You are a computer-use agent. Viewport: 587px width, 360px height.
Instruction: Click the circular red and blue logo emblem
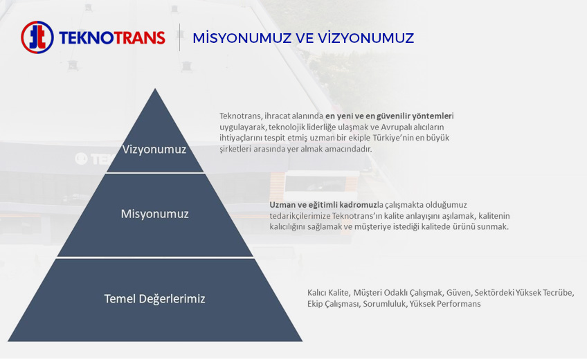[x=37, y=37]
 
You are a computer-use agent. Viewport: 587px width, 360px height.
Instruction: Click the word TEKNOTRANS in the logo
[x=112, y=38]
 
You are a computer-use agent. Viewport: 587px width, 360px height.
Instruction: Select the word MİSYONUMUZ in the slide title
[x=242, y=38]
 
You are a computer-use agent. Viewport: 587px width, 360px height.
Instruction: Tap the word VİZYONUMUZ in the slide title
[x=365, y=38]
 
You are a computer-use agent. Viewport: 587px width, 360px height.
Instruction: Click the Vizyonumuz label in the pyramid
[x=154, y=150]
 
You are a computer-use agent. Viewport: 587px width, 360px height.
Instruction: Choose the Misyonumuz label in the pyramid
[x=154, y=214]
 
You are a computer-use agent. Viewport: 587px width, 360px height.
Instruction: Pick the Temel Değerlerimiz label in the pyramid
[x=154, y=298]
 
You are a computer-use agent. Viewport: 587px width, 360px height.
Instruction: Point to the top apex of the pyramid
[x=155, y=89]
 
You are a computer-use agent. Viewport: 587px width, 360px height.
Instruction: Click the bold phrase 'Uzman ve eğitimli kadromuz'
[x=323, y=205]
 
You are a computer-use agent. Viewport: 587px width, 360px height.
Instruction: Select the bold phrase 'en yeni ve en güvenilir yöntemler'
[x=388, y=116]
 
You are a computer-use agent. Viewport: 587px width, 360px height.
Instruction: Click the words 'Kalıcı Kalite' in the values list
[x=328, y=292]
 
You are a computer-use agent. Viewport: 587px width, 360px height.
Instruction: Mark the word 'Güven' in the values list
[x=460, y=292]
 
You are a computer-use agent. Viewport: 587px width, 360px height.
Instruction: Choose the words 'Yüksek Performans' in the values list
[x=445, y=303]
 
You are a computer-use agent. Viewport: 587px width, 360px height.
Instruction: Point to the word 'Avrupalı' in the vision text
[x=397, y=127]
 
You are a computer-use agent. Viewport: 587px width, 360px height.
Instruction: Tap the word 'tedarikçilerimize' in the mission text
[x=300, y=216]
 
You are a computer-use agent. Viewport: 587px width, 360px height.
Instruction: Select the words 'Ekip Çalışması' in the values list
[x=334, y=303]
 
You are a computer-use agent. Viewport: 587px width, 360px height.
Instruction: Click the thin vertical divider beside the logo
[x=180, y=37]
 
